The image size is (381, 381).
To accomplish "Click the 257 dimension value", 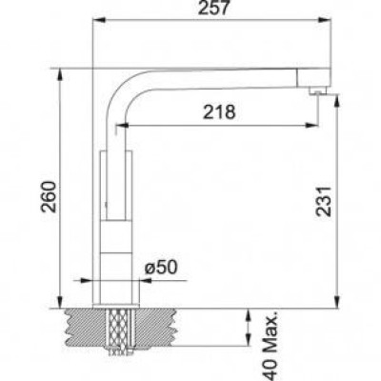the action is (213, 8).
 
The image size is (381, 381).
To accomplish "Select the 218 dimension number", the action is (219, 111).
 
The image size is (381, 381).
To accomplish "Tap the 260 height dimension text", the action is (50, 196).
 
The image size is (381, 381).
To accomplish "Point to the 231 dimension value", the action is (324, 202).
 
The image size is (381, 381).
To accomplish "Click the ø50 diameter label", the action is (161, 268).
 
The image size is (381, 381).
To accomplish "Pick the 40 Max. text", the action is (271, 347).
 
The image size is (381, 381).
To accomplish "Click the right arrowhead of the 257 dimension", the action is (325, 20).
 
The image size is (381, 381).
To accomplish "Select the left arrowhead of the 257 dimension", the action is (98, 20).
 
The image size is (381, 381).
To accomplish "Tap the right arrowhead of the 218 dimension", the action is (311, 126).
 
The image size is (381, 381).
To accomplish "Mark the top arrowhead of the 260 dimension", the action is (60, 75).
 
